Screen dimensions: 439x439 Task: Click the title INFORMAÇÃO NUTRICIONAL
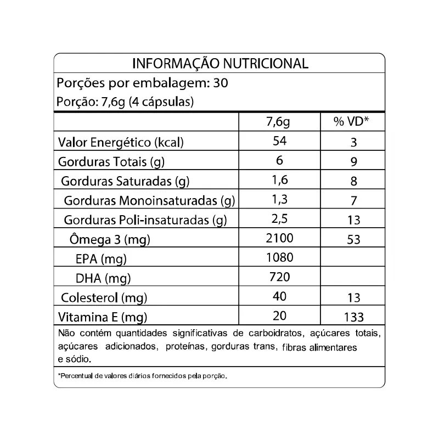pyautogui.click(x=220, y=64)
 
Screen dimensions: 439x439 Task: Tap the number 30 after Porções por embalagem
pyautogui.click(x=219, y=84)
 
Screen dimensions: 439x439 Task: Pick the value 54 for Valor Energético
pyautogui.click(x=280, y=142)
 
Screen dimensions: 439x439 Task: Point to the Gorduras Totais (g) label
pyautogui.click(x=112, y=162)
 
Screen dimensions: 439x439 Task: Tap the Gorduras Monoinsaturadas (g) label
pyautogui.click(x=149, y=201)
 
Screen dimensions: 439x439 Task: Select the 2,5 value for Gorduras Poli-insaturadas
pyautogui.click(x=280, y=219)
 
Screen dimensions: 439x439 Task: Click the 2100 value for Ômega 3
pyautogui.click(x=280, y=238)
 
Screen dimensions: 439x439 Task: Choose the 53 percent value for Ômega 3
pyautogui.click(x=353, y=240)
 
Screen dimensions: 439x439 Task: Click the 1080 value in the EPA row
pyautogui.click(x=280, y=257)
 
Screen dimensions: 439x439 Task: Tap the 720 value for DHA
pyautogui.click(x=280, y=277)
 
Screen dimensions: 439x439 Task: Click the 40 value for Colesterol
pyautogui.click(x=280, y=296)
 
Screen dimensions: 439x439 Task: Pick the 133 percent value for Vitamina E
pyautogui.click(x=353, y=317)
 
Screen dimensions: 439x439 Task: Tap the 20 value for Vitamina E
pyautogui.click(x=280, y=316)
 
